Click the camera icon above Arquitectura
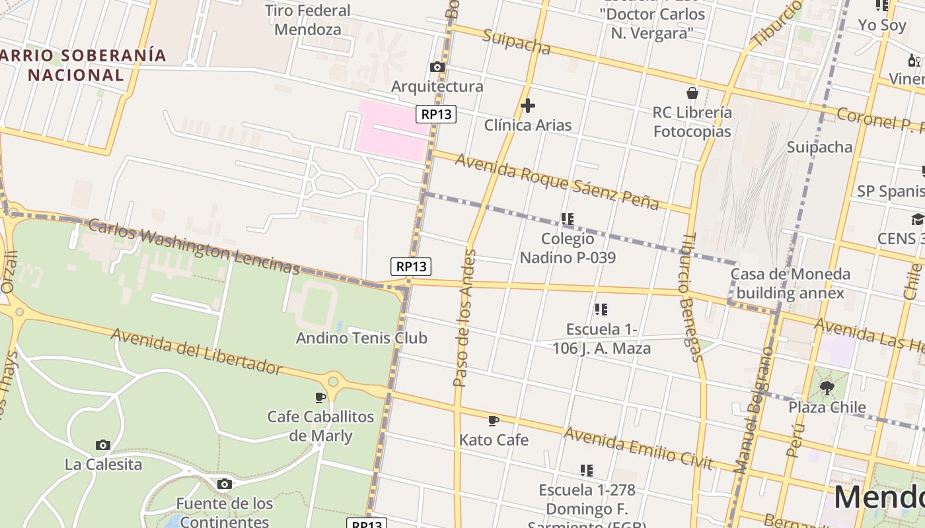point(437,67)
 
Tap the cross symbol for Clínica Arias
point(528,105)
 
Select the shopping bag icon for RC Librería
point(692,93)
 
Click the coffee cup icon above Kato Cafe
point(493,420)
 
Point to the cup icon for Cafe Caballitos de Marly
point(320,397)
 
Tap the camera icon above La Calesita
point(102,445)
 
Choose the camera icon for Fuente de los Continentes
point(224,484)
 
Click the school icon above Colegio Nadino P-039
point(567,218)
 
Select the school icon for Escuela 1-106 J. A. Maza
point(601,309)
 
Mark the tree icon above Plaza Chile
point(827,387)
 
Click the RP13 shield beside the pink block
point(436,114)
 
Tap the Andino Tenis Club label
point(361,338)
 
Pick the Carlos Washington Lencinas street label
point(194,246)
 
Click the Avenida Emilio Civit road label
point(638,449)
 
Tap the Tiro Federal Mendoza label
point(308,20)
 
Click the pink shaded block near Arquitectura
point(390,131)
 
